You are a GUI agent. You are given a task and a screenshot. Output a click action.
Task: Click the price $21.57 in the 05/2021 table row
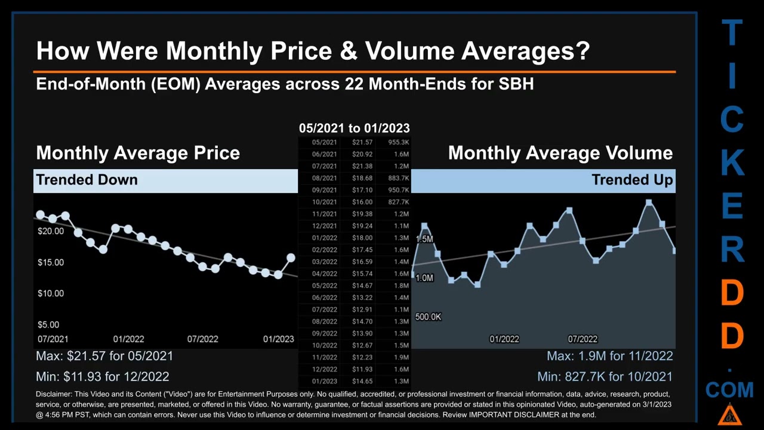362,142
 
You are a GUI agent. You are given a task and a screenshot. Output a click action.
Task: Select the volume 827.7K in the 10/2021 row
398,202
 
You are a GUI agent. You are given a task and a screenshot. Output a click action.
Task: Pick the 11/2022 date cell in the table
324,357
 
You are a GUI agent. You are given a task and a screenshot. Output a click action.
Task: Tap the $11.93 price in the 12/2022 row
362,369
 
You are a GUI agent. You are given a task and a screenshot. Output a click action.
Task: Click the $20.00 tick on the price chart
51,231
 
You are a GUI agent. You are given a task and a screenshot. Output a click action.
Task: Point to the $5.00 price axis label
48,325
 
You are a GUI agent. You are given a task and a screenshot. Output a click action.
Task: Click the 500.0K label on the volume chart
428,317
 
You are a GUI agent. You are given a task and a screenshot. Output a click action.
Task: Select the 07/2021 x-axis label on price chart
53,339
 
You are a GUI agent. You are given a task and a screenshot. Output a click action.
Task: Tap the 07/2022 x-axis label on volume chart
583,339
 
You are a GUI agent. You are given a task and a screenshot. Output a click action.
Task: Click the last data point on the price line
291,258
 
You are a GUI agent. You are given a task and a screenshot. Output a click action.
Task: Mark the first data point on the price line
40,214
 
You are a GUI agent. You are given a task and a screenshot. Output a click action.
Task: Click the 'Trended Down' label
87,180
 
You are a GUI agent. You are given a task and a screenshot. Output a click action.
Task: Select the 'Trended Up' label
632,180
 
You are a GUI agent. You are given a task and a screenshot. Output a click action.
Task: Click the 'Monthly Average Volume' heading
560,153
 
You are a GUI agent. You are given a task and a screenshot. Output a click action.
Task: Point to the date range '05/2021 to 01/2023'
354,128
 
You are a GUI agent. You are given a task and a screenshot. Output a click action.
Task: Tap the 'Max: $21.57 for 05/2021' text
104,356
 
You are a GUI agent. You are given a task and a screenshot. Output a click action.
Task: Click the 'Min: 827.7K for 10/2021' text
605,377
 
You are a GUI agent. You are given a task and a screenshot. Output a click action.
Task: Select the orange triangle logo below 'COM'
729,414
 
